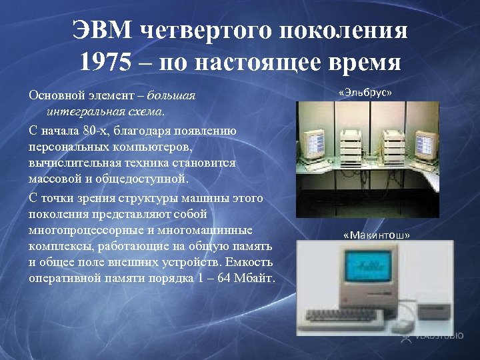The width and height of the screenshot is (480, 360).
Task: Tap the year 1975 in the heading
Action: point(106,63)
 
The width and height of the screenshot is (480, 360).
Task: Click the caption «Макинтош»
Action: point(377,235)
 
